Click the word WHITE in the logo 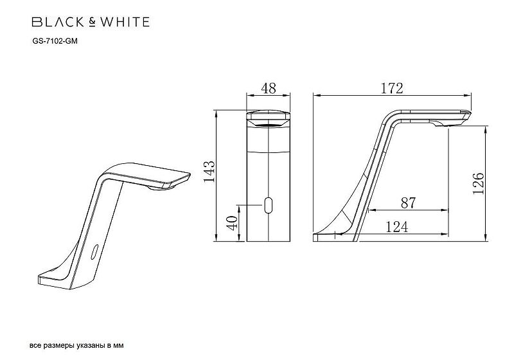tap(126, 22)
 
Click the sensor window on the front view tap(269, 206)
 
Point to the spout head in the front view tap(269, 117)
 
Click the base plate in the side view tap(334, 237)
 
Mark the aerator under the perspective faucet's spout tap(159, 188)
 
